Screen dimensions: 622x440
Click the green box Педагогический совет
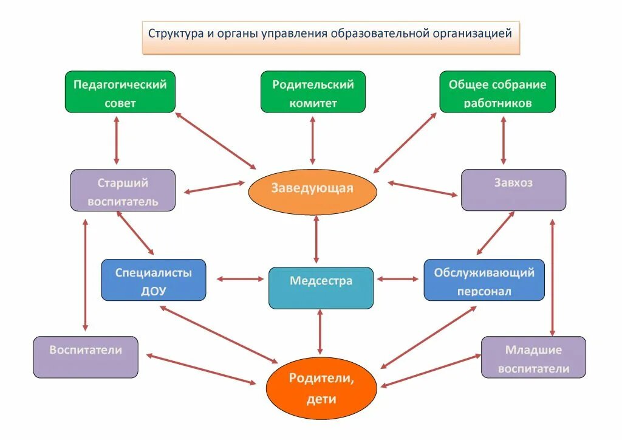point(120,92)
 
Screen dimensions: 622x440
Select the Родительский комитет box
point(313,92)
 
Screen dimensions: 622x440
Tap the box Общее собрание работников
point(497,92)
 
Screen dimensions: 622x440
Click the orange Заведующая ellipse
point(313,192)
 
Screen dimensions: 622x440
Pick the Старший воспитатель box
point(123,190)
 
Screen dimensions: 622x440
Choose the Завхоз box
point(513,190)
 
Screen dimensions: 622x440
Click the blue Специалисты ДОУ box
point(154,280)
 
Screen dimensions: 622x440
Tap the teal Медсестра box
point(321,288)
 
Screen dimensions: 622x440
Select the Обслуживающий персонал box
point(484,280)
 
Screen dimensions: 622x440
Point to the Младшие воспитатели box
point(533,357)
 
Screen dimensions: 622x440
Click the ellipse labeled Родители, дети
point(321,388)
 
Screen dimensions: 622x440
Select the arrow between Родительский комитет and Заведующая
point(313,140)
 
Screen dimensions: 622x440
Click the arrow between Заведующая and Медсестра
point(316,239)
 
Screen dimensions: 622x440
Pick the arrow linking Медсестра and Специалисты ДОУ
point(241,280)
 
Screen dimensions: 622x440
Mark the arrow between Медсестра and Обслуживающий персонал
point(397,280)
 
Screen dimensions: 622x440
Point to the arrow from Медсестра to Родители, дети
point(320,332)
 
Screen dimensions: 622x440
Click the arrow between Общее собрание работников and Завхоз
point(504,140)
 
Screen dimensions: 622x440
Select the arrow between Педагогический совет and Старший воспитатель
point(116,140)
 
